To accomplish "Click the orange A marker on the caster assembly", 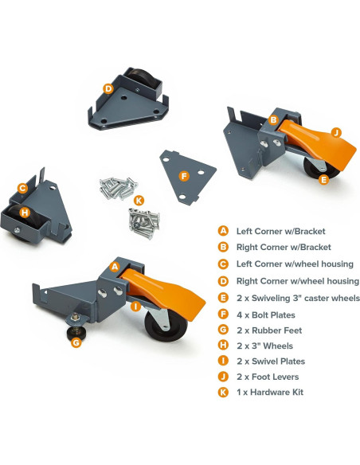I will point(115,268).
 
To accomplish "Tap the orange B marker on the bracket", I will point(272,120).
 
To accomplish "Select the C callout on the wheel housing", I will point(23,189).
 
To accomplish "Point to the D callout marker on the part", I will point(108,89).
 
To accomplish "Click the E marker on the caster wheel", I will point(323,180).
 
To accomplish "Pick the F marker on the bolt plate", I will point(184,176).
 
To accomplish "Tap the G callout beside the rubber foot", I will point(76,342).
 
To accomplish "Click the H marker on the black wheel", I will point(26,213).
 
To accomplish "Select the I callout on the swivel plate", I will point(136,306).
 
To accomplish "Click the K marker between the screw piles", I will point(139,200).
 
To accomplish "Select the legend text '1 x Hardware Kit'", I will point(269,392).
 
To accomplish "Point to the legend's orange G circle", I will point(224,330).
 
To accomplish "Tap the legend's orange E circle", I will point(224,299).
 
